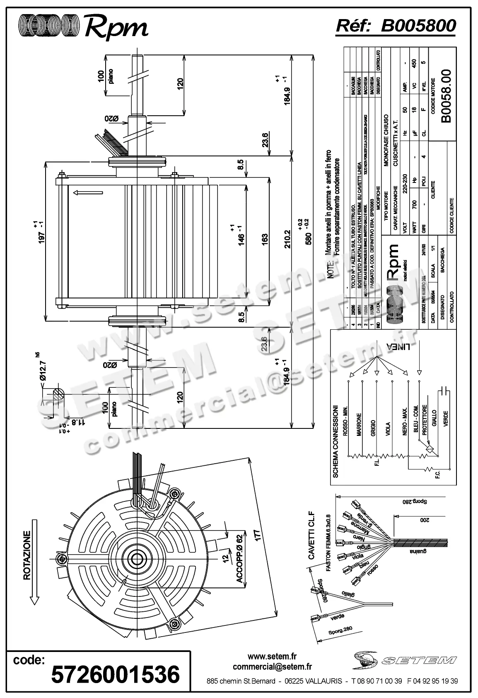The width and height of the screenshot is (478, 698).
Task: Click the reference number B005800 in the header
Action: [x=418, y=25]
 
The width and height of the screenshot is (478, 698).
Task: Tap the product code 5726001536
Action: [x=116, y=674]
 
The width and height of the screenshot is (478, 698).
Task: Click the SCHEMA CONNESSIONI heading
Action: [x=336, y=441]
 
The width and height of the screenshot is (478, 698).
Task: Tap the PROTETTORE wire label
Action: [x=425, y=420]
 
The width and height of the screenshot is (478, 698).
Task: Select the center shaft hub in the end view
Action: [x=136, y=558]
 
